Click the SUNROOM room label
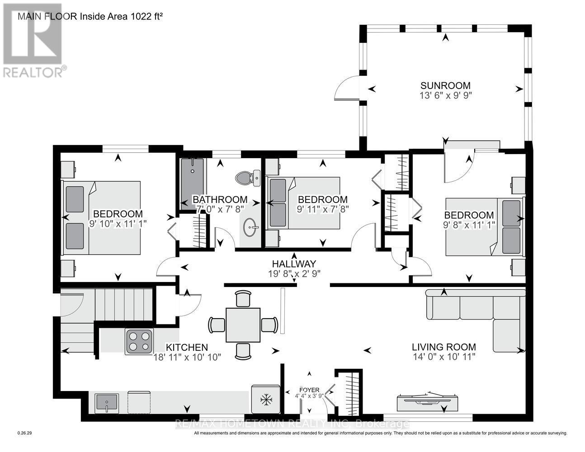pos(446,85)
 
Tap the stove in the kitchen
pos(139,341)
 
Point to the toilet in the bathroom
pos(248,178)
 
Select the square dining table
pos(243,325)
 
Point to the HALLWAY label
pos(294,264)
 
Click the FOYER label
pos(309,390)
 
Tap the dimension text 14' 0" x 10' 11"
pos(444,357)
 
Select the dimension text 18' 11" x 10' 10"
pos(187,357)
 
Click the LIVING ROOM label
pos(444,347)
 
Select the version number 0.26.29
pos(25,433)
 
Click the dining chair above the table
pos(243,299)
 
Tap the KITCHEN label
pos(187,347)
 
